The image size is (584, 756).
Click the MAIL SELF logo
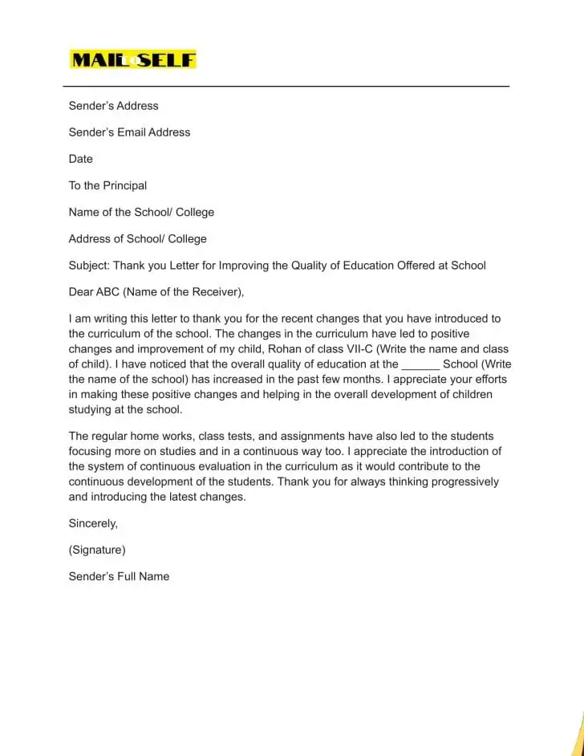click(133, 59)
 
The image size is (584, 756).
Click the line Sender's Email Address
click(129, 132)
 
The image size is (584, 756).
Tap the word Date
click(81, 159)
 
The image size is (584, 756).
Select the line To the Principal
click(107, 185)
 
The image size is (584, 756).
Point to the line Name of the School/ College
click(141, 212)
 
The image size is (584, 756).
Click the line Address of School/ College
click(137, 238)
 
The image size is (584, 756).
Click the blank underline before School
click(420, 364)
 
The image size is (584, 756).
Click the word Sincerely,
click(93, 523)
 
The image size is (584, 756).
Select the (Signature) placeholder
click(97, 550)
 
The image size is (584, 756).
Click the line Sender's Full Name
click(119, 576)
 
